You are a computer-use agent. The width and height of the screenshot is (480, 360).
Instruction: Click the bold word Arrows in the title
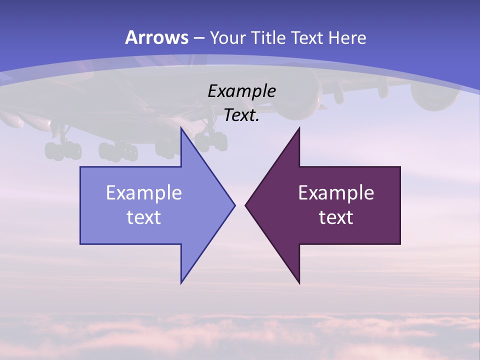tap(157, 37)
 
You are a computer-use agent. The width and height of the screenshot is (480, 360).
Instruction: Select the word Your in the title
tap(228, 37)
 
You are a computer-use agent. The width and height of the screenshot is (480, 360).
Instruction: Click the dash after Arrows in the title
tap(198, 38)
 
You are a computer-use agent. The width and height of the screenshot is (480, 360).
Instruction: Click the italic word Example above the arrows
tap(241, 91)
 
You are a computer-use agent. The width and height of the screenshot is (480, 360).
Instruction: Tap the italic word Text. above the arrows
tap(241, 115)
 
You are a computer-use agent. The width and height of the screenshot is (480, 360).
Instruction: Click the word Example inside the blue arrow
tap(144, 192)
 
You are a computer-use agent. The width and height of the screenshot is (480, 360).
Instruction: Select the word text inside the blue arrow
tap(144, 217)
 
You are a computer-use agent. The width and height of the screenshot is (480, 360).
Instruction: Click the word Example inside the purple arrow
tap(336, 192)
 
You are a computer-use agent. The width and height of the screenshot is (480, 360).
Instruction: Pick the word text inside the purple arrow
tap(336, 217)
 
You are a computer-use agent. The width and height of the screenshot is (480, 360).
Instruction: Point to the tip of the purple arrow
tap(246, 205)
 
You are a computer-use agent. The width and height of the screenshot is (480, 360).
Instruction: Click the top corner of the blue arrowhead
tap(181, 128)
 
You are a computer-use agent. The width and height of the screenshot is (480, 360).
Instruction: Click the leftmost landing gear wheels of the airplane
tap(63, 150)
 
